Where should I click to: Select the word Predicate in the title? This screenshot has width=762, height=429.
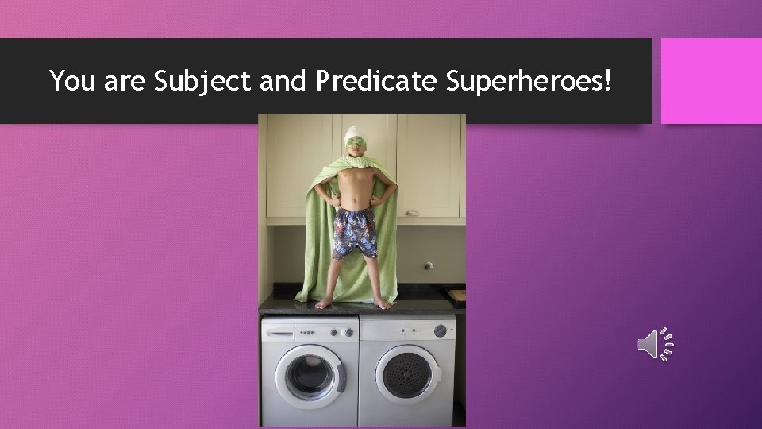click(x=375, y=80)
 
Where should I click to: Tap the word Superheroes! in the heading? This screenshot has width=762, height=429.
click(x=529, y=80)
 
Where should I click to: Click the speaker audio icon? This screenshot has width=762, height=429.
click(x=656, y=343)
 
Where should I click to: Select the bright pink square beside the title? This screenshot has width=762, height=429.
click(x=711, y=81)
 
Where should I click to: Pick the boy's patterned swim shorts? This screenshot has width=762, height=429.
click(x=354, y=231)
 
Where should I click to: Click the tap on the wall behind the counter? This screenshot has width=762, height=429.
click(x=429, y=266)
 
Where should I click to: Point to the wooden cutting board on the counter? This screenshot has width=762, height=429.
click(x=456, y=296)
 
